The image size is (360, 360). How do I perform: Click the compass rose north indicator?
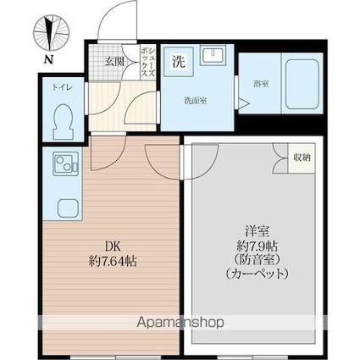(x=51, y=33)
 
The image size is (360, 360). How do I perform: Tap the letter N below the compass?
(x=49, y=59)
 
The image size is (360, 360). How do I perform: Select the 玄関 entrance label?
(x=115, y=61)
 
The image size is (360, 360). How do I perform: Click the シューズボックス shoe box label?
(x=148, y=62)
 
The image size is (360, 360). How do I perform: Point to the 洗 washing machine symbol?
(x=179, y=62)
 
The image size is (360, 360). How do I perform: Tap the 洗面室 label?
(x=196, y=101)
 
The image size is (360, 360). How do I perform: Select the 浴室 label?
(x=261, y=84)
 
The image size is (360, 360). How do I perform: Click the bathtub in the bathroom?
(x=302, y=85)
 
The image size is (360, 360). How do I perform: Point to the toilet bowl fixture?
(x=64, y=122)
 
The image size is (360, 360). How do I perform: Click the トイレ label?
(x=58, y=87)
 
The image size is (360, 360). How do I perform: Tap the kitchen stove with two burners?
(x=66, y=163)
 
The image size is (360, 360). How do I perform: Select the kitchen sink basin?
(x=68, y=208)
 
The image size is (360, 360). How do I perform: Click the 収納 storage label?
(x=302, y=158)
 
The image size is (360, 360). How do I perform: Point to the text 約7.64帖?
(x=113, y=262)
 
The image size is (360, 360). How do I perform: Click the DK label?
(x=113, y=246)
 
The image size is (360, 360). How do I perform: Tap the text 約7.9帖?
(x=257, y=246)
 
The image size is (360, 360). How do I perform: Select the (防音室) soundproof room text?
(x=257, y=260)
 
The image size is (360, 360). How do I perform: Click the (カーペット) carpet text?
(x=257, y=274)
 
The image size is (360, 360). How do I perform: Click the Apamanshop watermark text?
(x=180, y=323)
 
